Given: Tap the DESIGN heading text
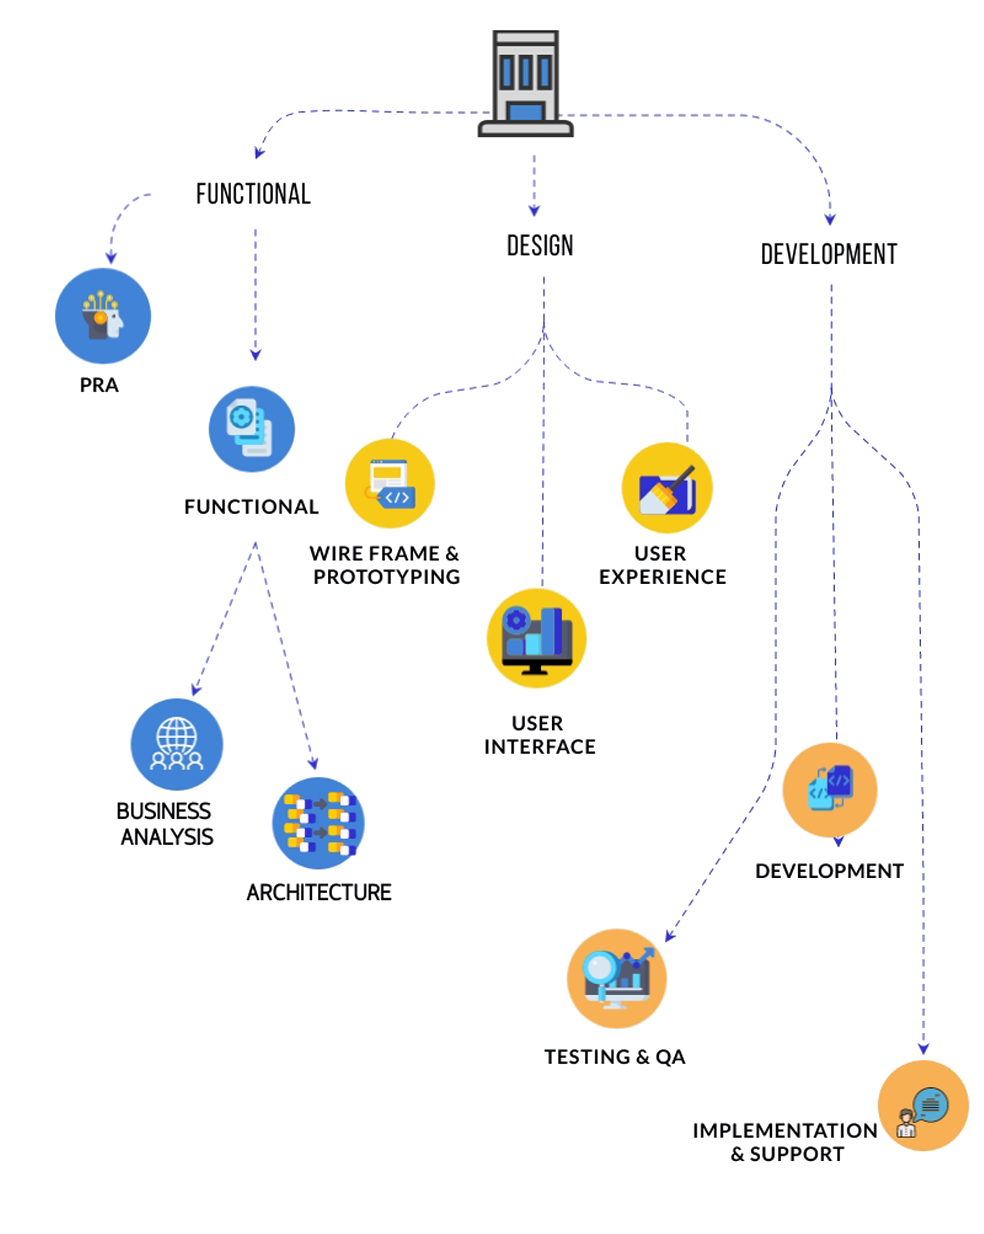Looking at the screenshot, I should tap(540, 246).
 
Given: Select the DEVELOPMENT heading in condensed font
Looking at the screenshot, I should tap(829, 254).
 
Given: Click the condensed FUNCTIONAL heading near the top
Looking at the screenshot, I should tap(254, 194).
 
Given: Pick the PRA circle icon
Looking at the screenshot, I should tap(103, 316).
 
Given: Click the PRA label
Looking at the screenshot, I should tap(100, 385).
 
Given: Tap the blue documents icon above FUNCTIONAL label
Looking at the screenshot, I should tap(252, 429).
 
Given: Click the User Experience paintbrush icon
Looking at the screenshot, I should tap(667, 488).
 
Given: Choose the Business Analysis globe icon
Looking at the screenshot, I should tap(177, 744).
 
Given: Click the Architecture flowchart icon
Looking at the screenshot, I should tap(318, 823).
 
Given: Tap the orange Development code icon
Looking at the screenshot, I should tap(830, 790).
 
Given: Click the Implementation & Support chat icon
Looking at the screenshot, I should tap(923, 1105).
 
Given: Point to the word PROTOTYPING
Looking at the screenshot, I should tap(387, 577).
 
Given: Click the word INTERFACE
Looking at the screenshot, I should tap(540, 747).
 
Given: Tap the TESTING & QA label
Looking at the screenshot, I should tap(615, 1057).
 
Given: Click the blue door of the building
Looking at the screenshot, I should tap(525, 112).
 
